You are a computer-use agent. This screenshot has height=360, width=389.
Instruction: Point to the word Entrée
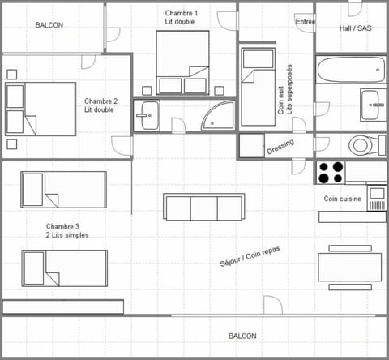tap(306, 22)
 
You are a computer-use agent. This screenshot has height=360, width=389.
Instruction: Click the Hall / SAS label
tap(355, 26)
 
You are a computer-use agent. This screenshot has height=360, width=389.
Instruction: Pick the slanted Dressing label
tap(280, 148)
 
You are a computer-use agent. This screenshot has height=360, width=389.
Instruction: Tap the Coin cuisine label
tap(342, 199)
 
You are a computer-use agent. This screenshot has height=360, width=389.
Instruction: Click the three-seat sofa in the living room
tap(203, 208)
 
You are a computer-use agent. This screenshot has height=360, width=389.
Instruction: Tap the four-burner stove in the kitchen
tap(330, 172)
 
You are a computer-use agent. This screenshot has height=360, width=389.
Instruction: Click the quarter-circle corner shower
tap(216, 116)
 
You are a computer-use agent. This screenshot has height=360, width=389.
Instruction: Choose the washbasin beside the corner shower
tap(148, 115)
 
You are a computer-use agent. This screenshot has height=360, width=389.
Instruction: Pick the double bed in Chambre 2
tap(41, 109)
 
